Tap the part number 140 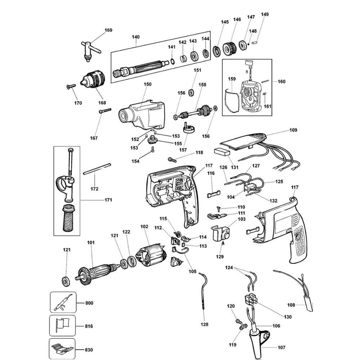(136, 37)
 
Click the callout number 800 (89, 303)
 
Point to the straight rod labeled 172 (97, 170)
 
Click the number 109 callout (293, 130)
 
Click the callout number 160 (281, 82)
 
